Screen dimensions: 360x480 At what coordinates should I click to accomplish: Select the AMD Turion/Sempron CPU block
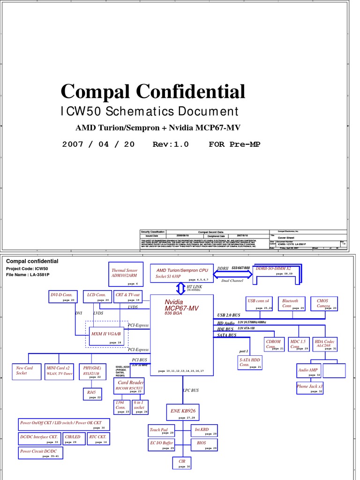click(x=182, y=274)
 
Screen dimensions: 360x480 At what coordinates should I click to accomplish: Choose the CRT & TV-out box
click(x=127, y=297)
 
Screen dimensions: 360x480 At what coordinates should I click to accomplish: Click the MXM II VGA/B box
click(x=106, y=336)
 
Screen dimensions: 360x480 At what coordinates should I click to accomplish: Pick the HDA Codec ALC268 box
click(x=325, y=345)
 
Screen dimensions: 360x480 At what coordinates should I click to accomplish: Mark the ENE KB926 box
click(x=182, y=412)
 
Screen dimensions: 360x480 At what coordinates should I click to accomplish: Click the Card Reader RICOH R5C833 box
click(x=129, y=386)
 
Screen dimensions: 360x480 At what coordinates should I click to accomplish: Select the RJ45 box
click(x=92, y=394)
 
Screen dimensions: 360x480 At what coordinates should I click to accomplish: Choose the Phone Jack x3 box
click(x=310, y=388)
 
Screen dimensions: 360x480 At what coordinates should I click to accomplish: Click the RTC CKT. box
click(x=98, y=439)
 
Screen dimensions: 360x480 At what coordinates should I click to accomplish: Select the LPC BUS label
click(x=191, y=390)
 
